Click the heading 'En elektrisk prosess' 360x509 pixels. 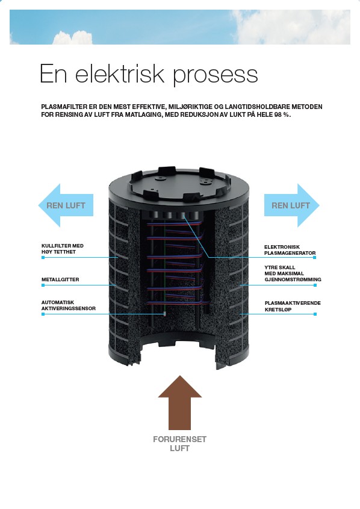coord(149,74)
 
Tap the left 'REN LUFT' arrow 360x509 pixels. coord(66,205)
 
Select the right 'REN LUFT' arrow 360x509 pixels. coord(291,205)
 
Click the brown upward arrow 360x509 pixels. coord(179,402)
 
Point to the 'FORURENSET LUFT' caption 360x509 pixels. coord(179,444)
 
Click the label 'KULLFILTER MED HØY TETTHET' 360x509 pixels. coord(62,249)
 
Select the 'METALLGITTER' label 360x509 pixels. coord(60,279)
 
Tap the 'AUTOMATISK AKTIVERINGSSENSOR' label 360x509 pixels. coord(69,305)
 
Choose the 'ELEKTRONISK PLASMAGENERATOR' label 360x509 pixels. coord(290,250)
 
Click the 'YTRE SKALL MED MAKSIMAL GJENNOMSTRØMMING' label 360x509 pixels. coord(293,273)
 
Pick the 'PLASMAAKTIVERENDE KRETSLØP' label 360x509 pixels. coord(293,306)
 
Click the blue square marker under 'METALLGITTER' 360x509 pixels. coord(43,286)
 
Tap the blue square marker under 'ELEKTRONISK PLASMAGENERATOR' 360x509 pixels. coord(315,257)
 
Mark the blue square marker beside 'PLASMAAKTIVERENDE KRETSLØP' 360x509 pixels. coord(315,314)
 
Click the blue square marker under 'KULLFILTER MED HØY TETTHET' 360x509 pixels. coord(43,257)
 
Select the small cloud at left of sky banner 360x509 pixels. coord(72,38)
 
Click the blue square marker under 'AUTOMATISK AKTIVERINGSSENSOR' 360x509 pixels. coord(43,314)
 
